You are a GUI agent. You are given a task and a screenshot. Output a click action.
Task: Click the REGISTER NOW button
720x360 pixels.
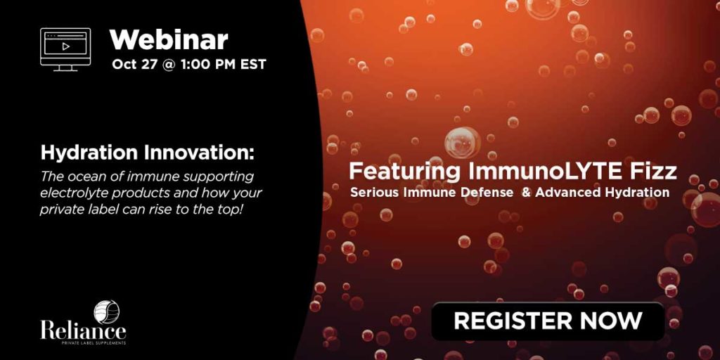(x=548, y=321)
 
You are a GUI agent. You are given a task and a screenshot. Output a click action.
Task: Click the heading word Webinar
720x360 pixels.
(x=169, y=39)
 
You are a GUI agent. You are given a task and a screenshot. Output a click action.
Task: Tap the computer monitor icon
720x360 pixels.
(x=65, y=50)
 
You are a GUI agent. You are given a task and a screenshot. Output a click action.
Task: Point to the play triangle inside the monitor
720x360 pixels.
(x=65, y=46)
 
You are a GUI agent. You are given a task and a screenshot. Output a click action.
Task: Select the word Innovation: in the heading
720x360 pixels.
(x=198, y=153)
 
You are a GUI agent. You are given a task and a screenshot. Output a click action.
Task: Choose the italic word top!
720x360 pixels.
(x=230, y=210)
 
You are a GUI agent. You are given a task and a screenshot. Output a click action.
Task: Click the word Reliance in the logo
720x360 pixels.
(x=83, y=330)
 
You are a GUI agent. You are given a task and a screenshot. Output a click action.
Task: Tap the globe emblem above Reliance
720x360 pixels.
(x=107, y=311)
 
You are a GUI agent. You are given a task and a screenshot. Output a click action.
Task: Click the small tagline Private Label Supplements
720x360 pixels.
(x=94, y=343)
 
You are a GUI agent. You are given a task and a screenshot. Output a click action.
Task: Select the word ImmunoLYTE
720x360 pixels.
(x=545, y=172)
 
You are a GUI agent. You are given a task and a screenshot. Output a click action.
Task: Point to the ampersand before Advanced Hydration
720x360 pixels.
(x=526, y=193)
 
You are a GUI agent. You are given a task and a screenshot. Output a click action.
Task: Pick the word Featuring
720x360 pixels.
(x=404, y=172)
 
